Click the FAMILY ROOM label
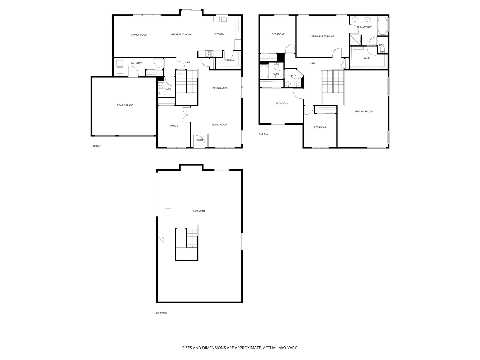(139, 35)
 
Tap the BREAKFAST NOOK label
(181, 34)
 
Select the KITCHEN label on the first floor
(219, 34)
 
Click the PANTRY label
(230, 60)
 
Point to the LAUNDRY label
(136, 63)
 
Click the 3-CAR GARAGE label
(125, 105)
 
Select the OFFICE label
(174, 126)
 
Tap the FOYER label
(199, 140)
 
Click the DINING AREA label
(220, 88)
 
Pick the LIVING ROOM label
(219, 125)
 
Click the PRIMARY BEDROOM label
(322, 36)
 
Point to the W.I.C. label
(367, 58)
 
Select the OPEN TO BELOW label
(363, 112)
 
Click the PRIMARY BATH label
(365, 27)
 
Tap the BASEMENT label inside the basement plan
(199, 211)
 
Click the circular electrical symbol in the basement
(161, 240)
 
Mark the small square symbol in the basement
(168, 212)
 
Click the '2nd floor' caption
(263, 134)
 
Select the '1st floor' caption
(96, 146)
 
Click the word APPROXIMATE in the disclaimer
(244, 348)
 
